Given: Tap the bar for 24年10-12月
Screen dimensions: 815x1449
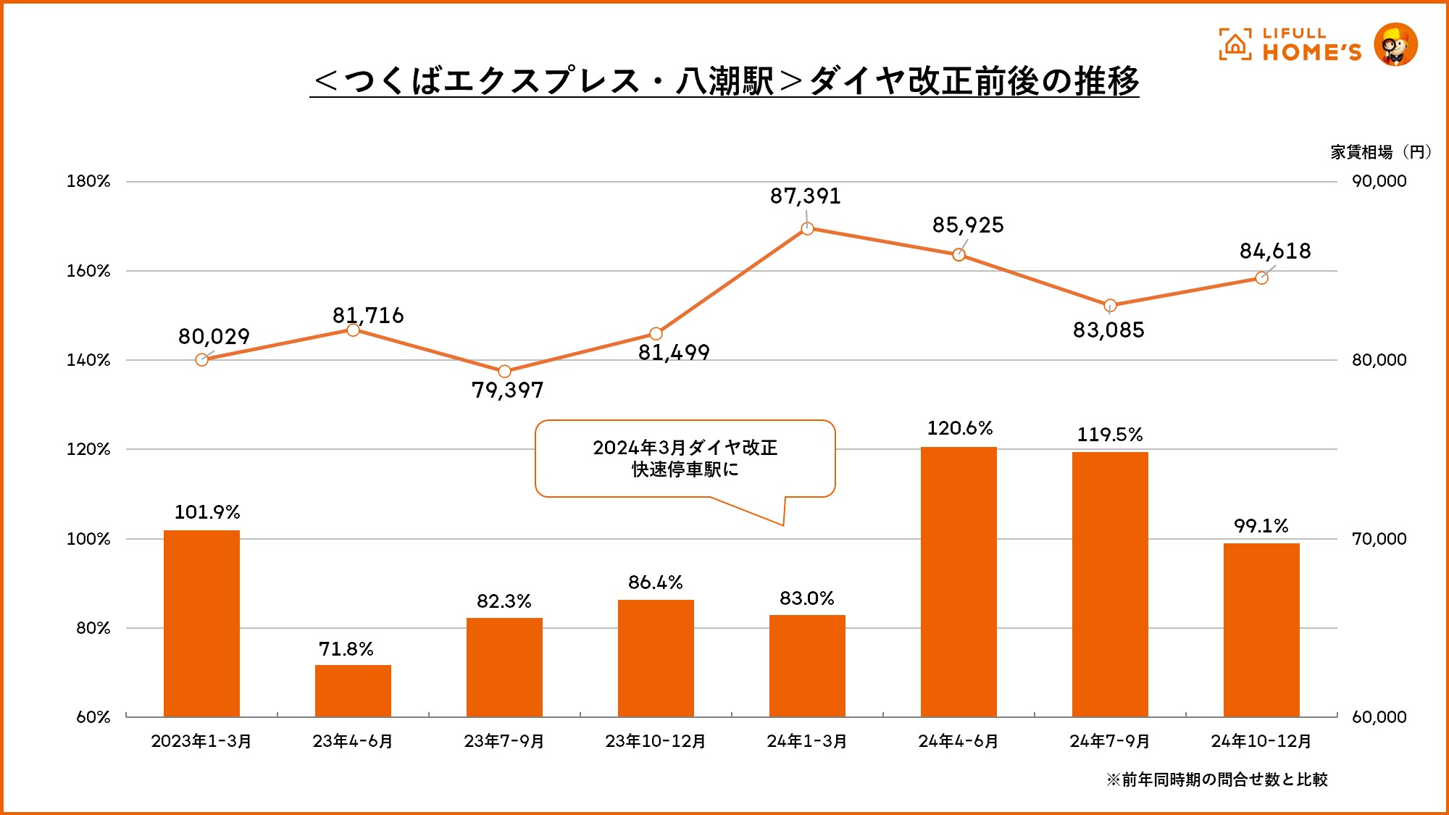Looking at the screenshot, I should (1261, 630).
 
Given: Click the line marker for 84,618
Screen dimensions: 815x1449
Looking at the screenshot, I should (1261, 278).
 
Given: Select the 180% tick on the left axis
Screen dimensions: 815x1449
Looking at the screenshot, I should (88, 181).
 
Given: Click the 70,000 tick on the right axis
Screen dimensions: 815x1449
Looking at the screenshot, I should (1379, 539).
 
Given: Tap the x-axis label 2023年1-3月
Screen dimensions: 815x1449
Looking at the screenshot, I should (201, 741).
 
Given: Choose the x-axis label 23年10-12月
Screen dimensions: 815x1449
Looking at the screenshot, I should (656, 741).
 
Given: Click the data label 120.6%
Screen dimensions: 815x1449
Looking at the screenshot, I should (960, 428).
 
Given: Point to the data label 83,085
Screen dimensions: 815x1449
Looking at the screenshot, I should (1108, 330).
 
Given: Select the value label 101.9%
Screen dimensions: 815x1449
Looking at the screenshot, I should (207, 512).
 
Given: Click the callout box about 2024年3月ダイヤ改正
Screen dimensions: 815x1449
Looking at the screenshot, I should (685, 459).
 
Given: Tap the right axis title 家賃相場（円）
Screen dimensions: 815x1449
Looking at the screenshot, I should (1380, 152).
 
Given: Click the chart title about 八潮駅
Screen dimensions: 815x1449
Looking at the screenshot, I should (724, 80).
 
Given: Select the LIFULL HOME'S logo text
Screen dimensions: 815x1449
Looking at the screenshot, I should (1311, 45).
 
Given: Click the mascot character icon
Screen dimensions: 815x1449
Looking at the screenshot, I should (1395, 45).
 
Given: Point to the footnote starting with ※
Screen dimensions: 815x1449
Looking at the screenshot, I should (1216, 780).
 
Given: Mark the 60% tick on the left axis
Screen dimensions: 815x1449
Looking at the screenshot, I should (93, 717).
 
